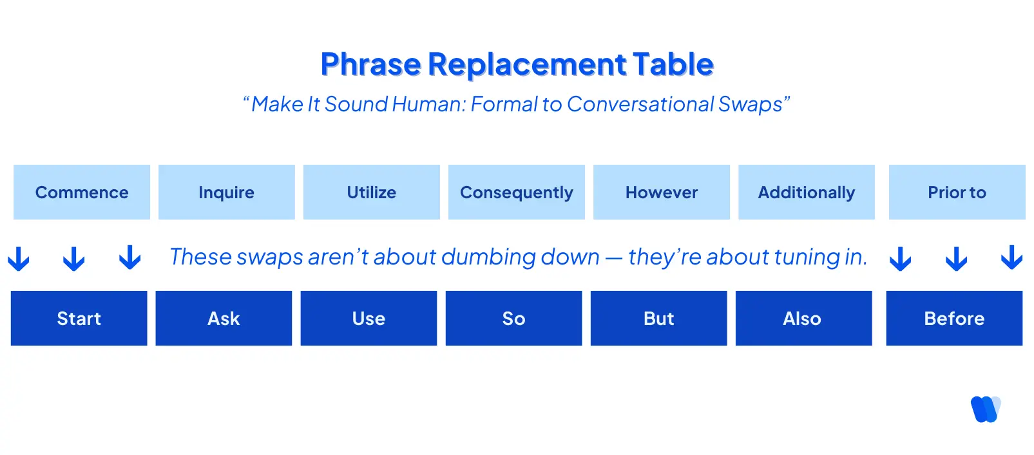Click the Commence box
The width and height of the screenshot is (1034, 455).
[82, 192]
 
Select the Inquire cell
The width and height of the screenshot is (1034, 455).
[227, 192]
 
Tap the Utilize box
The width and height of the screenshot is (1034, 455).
[372, 192]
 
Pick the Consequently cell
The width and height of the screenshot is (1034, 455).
[517, 192]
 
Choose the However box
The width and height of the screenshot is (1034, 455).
[662, 192]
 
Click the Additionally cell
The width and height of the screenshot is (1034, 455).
[807, 192]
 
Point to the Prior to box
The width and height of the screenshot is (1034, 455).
[957, 192]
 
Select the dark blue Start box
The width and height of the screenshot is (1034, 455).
[79, 319]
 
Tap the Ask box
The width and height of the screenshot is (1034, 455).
[224, 319]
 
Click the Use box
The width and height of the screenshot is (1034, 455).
[369, 319]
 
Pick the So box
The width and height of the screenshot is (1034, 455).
[513, 319]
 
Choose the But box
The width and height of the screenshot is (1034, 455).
[658, 319]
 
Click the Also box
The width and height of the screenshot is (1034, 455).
[803, 319]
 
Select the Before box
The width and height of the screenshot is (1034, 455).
[954, 319]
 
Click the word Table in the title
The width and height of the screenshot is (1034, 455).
[673, 64]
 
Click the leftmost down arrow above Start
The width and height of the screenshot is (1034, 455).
[19, 259]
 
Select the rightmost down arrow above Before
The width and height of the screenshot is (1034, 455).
[1011, 257]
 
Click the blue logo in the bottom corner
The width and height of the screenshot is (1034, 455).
[985, 409]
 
